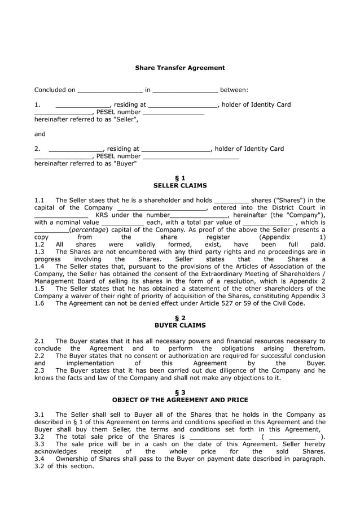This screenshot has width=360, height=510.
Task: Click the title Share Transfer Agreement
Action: point(179,68)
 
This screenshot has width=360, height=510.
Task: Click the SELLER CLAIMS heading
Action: point(179,185)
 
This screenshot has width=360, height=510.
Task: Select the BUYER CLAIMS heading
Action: point(179,325)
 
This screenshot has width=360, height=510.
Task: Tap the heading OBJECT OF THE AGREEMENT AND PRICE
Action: point(179,400)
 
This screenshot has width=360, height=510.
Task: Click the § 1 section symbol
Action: point(179,178)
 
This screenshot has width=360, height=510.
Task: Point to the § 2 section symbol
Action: point(179,318)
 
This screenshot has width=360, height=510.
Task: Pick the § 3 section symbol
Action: point(179,393)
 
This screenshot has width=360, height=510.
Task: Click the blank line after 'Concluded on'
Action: point(110,90)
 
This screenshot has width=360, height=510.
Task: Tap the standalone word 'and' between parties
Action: point(40,134)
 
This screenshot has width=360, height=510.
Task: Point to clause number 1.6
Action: point(39,303)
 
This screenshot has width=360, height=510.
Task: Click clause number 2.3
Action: point(39,370)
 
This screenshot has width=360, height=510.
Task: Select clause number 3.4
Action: point(39,459)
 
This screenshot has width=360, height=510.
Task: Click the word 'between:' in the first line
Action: point(234,90)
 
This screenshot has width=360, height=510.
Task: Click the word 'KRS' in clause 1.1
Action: point(103,215)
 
